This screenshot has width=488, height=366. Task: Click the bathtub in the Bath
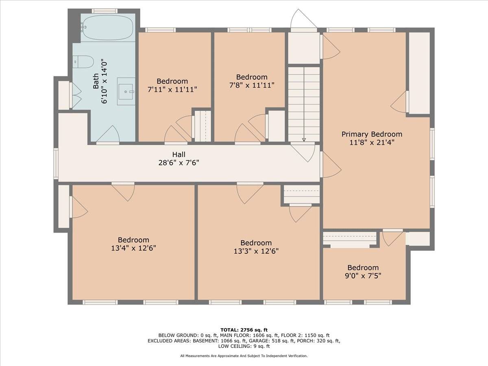[108, 28]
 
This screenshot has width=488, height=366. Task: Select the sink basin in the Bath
[126, 91]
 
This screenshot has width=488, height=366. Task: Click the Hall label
[179, 155]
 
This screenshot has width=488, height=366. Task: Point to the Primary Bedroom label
[372, 134]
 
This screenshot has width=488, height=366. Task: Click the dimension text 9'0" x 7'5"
[363, 276]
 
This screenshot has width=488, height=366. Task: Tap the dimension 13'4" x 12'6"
[133, 248]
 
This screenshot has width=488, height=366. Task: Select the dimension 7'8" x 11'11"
[252, 85]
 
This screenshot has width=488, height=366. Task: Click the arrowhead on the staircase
[304, 140]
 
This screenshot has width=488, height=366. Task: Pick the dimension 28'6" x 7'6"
[179, 163]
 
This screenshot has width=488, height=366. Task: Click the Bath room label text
[96, 81]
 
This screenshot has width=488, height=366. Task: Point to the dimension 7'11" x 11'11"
[172, 89]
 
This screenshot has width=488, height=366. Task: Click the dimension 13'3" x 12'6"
[256, 251]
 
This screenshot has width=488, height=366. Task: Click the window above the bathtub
[105, 11]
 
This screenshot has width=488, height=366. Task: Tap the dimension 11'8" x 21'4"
[372, 142]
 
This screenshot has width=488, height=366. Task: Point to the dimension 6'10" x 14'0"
[104, 81]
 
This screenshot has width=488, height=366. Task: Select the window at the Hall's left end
[56, 164]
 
